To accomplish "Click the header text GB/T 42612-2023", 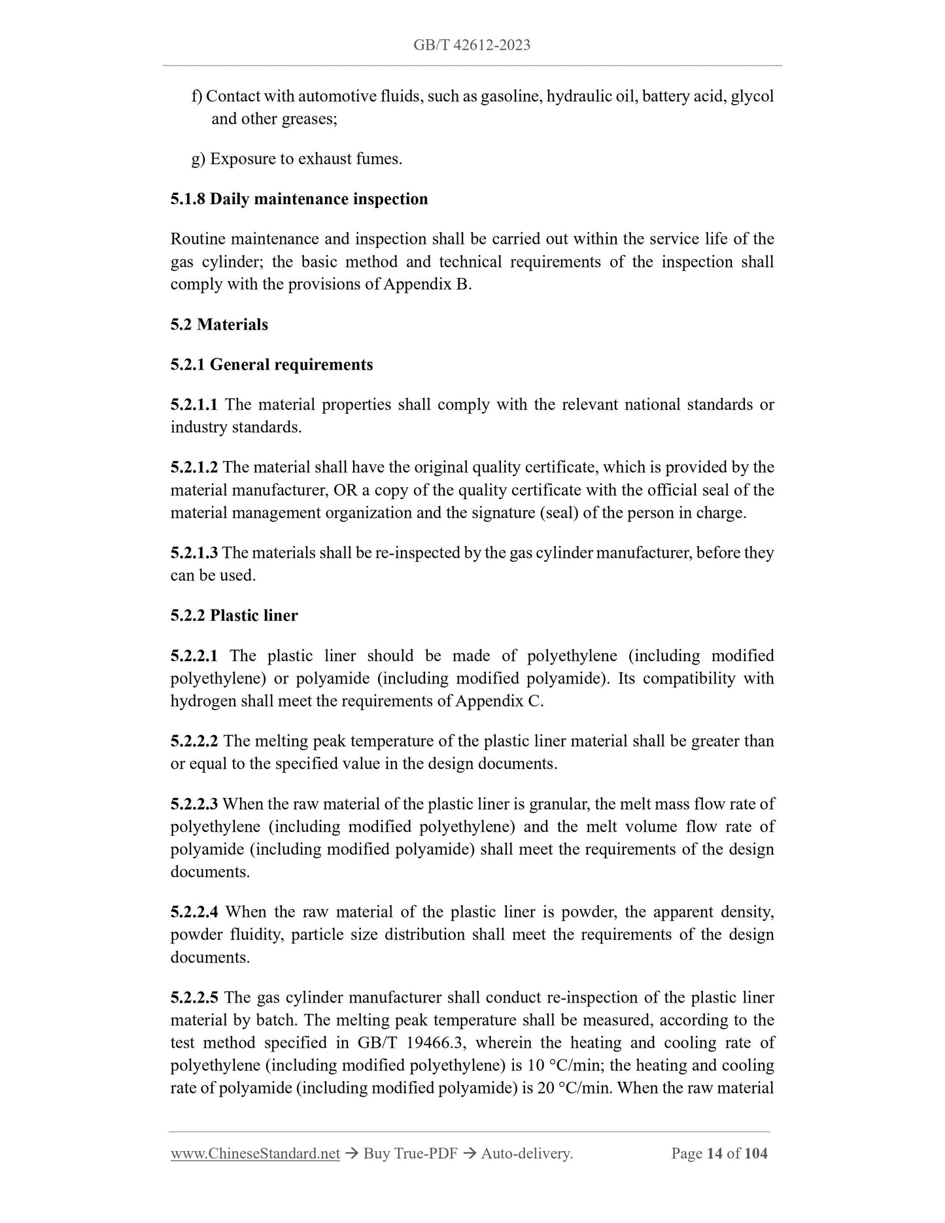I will [x=472, y=45].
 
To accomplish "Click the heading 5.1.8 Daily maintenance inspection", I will [x=299, y=199].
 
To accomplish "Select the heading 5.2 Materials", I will [x=219, y=324].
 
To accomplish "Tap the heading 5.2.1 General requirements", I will [x=271, y=364].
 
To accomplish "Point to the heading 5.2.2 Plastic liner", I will [x=234, y=615].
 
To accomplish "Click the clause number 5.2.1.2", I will [x=194, y=467].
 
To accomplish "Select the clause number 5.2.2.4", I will [x=194, y=912].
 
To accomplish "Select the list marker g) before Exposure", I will [x=198, y=159].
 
